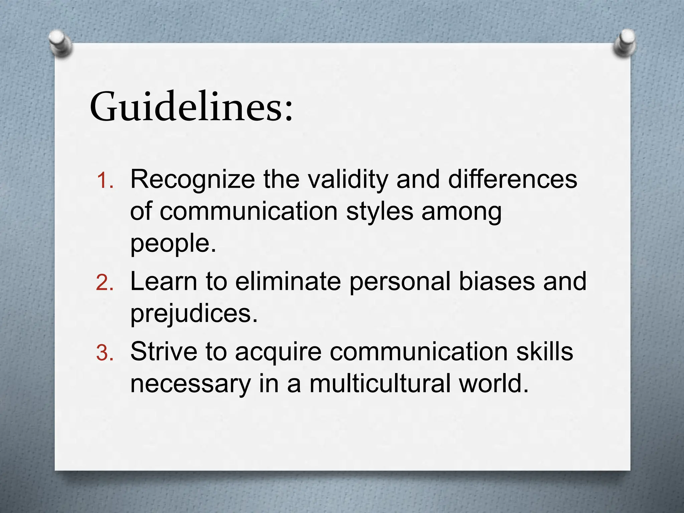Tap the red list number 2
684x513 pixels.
coord(105,283)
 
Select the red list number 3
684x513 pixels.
coord(105,353)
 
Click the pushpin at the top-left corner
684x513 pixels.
coord(60,43)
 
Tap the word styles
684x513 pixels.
coord(379,212)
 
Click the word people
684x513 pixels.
coord(173,244)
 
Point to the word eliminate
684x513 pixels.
coord(288,281)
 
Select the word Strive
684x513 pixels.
coord(164,351)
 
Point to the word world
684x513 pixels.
coord(494,383)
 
